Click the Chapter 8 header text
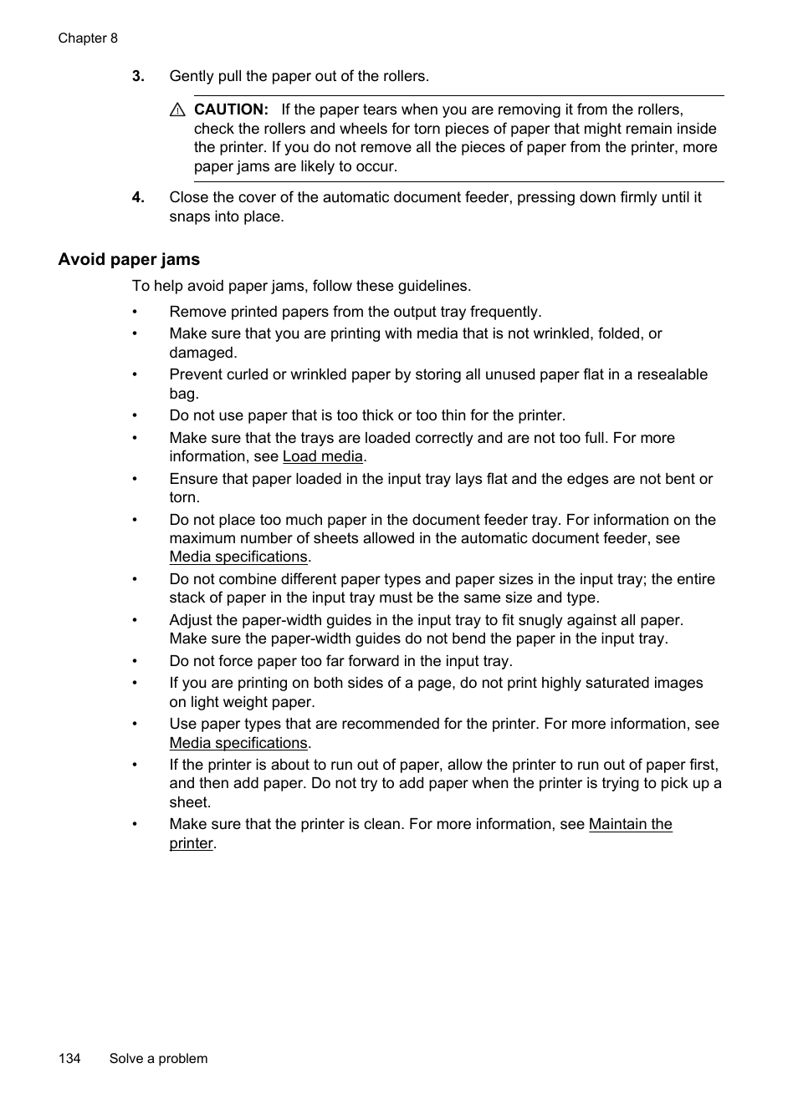tap(88, 38)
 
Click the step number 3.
tap(138, 76)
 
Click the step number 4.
tap(138, 197)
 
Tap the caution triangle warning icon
tap(176, 109)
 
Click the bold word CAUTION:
tap(231, 109)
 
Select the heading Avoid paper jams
tap(129, 259)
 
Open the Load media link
tap(323, 456)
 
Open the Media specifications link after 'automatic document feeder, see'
tap(238, 557)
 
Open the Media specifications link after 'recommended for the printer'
tap(238, 743)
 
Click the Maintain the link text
tap(630, 824)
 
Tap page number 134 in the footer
tap(69, 1058)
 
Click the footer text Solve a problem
tap(158, 1058)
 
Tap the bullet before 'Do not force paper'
tap(134, 661)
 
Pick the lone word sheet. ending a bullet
tap(190, 802)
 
